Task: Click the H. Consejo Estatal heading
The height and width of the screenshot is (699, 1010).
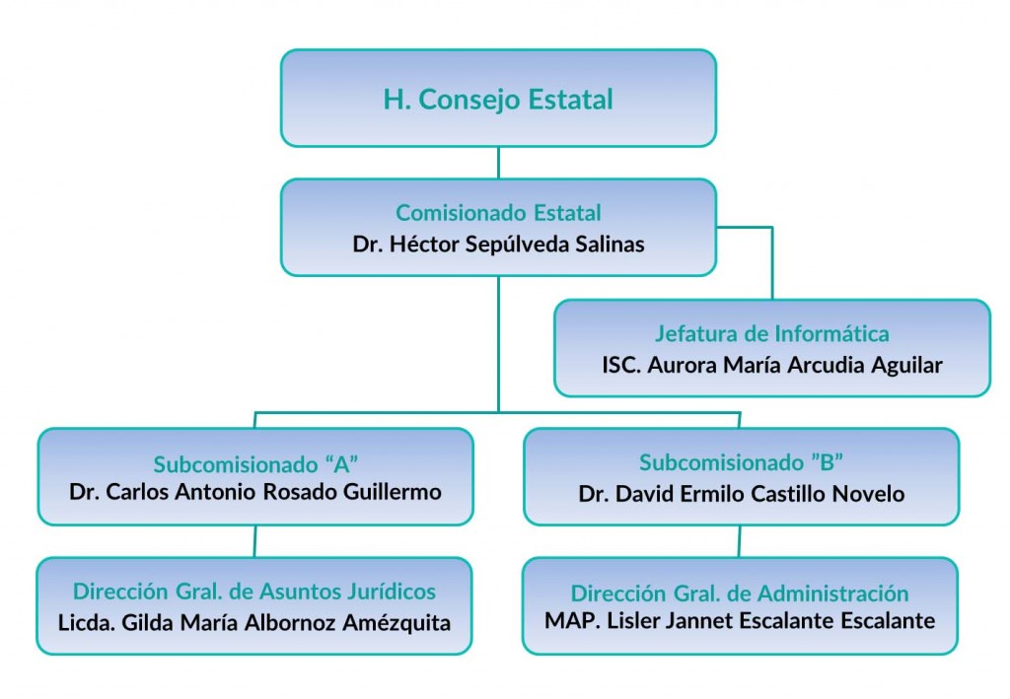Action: point(498,100)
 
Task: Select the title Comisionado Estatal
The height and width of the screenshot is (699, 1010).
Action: point(498,213)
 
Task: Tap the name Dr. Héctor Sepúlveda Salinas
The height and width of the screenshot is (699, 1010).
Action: point(498,244)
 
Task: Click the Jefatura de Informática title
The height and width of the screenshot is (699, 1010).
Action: point(771,333)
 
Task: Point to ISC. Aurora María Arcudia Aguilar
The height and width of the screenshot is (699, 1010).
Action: point(771,365)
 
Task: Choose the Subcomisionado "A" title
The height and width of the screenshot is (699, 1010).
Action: point(254,462)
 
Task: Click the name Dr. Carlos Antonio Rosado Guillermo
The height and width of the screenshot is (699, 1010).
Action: point(254,491)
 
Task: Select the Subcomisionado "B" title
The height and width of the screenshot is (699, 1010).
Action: point(741,462)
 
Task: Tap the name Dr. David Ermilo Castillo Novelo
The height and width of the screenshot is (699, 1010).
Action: point(741,493)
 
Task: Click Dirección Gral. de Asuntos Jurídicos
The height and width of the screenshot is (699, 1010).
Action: point(254,592)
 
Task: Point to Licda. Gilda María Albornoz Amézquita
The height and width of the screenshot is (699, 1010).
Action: point(254,623)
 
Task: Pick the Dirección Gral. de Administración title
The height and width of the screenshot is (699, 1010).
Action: point(739,594)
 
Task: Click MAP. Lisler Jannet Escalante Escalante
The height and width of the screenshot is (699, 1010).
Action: point(739,621)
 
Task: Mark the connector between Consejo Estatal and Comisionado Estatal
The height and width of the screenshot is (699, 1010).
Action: point(498,163)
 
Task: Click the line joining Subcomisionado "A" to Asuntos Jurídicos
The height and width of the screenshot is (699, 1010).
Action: point(254,541)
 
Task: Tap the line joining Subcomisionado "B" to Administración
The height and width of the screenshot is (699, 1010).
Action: point(740,541)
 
